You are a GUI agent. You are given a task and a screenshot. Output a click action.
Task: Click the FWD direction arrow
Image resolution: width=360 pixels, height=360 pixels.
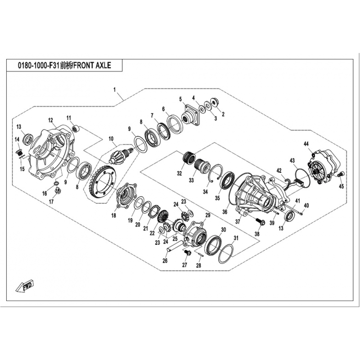click(25, 286)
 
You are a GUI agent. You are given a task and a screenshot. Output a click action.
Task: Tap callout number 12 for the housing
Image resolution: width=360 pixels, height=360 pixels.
click(50, 120)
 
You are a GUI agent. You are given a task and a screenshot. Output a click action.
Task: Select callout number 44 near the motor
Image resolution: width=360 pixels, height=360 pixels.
click(306, 144)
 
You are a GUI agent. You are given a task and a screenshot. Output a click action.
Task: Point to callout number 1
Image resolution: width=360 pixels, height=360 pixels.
click(115, 90)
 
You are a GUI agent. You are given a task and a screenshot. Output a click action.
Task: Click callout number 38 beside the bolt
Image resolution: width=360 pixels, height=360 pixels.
click(257, 234)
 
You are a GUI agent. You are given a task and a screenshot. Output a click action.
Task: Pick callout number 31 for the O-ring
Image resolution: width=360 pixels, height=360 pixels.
click(236, 238)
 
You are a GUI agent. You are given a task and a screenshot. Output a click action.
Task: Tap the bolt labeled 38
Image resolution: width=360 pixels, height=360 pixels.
click(261, 221)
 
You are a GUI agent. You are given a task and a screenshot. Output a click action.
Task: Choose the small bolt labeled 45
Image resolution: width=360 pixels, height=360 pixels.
click(341, 175)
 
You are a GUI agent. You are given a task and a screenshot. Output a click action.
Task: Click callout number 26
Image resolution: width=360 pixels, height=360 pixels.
click(165, 261)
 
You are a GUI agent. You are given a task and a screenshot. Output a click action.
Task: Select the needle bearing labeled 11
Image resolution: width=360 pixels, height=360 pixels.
click(76, 128)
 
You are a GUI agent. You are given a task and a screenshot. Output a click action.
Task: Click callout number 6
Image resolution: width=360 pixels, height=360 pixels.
click(163, 109)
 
